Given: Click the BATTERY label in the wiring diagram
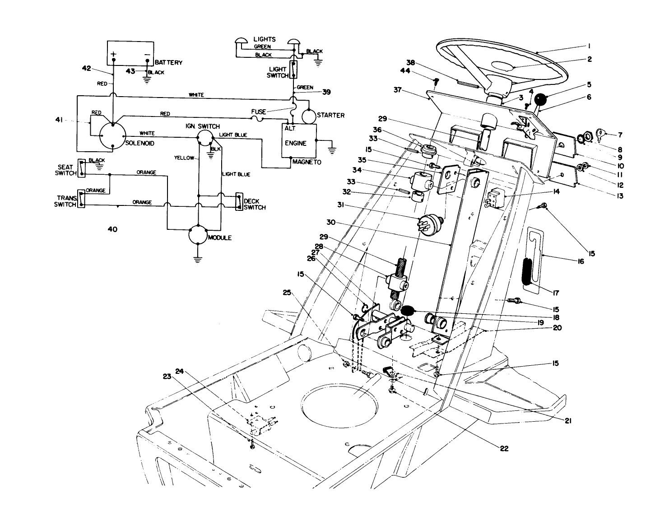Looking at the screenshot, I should pos(168,62).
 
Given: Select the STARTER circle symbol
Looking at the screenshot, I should pos(309,116).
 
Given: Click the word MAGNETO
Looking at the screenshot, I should pos(307,162).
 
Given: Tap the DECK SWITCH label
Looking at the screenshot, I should pos(254,204).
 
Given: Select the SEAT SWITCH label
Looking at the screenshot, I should pos(65,170).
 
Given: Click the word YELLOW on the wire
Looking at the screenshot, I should pos(184,158).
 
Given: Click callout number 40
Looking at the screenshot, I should pos(112,229).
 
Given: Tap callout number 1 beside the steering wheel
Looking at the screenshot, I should pos(589,46).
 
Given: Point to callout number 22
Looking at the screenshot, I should pos(504,448).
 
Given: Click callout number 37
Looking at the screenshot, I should pos(397,90).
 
